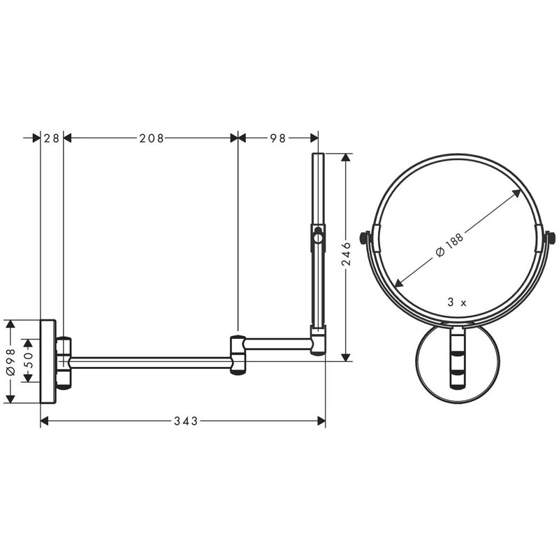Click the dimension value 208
[151, 138]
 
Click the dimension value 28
[51, 138]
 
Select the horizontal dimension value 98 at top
[278, 138]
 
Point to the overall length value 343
[186, 421]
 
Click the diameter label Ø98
[10, 361]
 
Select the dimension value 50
[28, 361]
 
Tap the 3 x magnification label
[457, 303]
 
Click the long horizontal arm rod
[150, 361]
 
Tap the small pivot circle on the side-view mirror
[319, 238]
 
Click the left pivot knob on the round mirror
[364, 239]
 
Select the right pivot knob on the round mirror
[551, 239]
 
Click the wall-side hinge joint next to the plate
[64, 362]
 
